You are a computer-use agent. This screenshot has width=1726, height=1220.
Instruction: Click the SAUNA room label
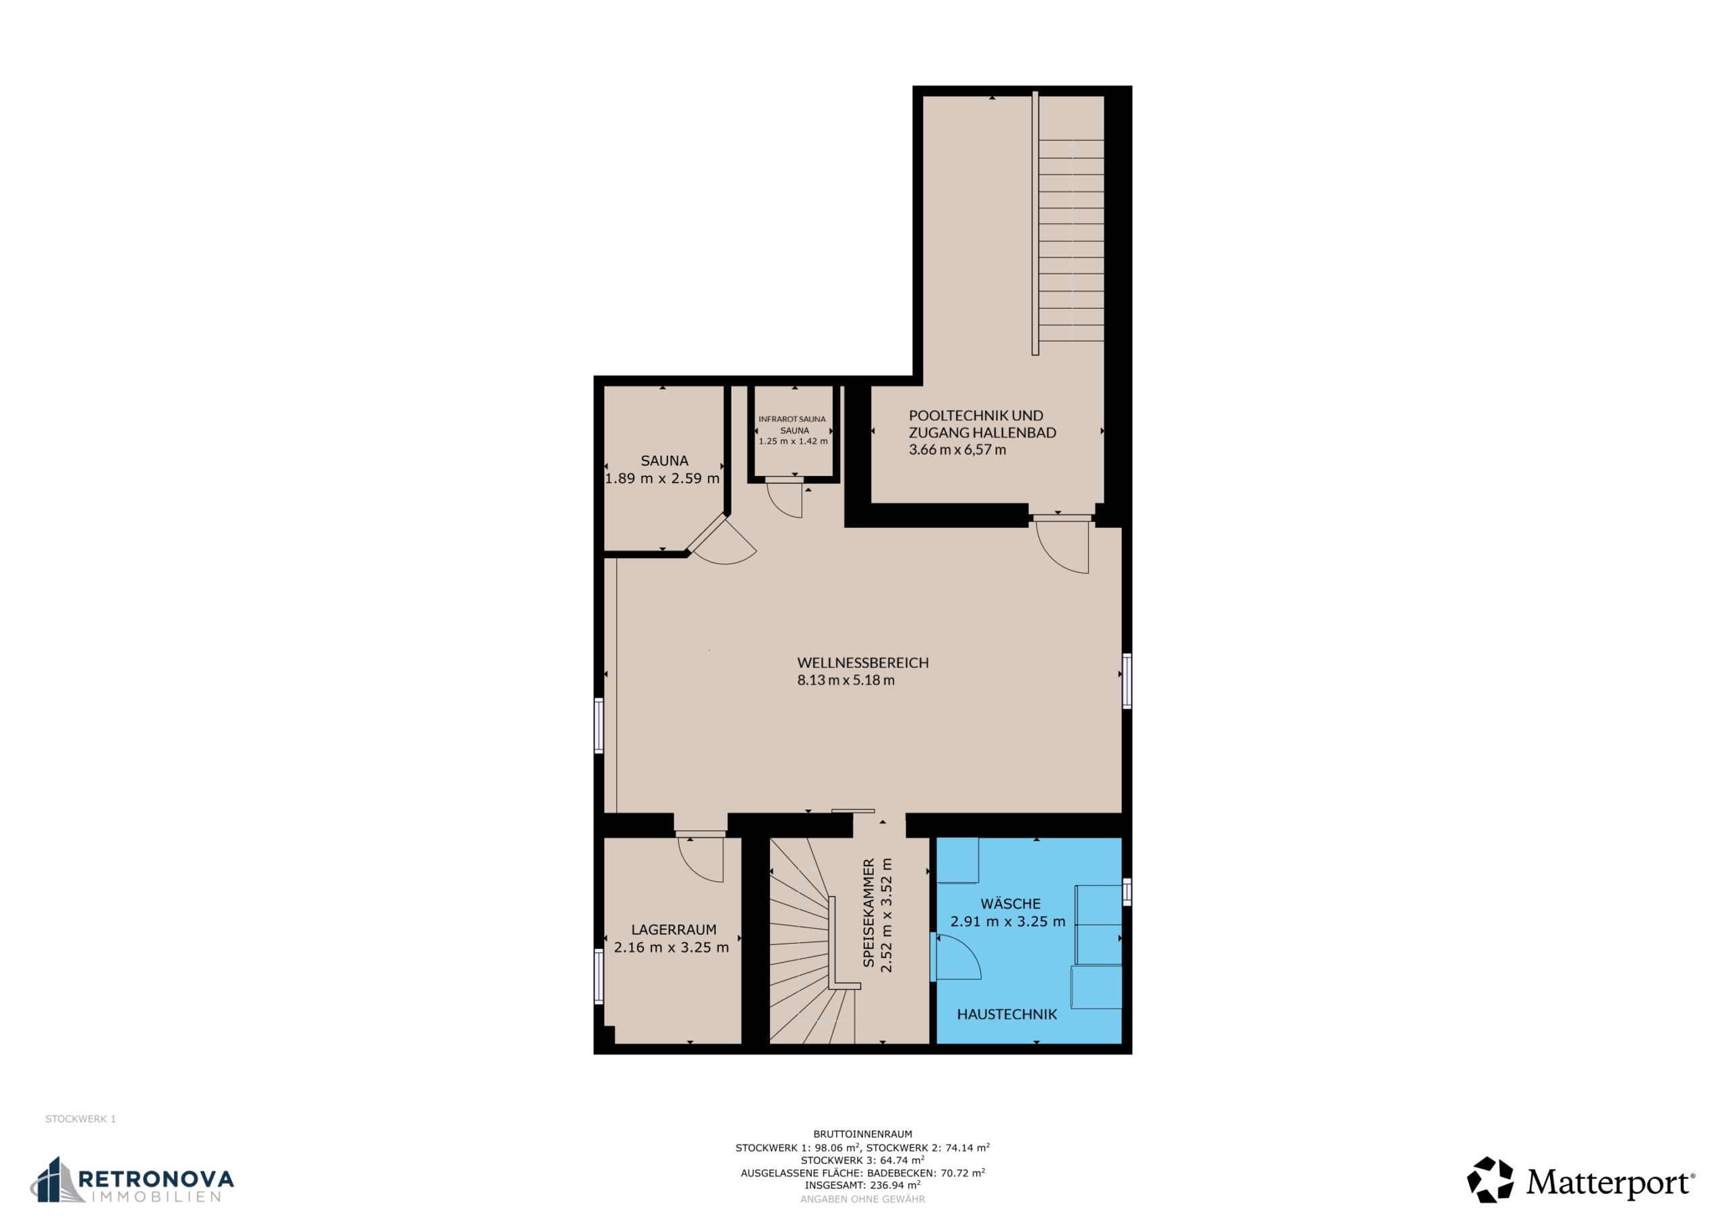664,461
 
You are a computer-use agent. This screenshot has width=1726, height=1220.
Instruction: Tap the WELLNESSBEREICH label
863,663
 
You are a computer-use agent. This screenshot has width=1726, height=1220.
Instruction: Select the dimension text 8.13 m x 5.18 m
845,680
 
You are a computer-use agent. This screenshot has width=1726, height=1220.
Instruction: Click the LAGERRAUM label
674,930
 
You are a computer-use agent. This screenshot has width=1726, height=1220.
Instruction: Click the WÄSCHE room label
1011,903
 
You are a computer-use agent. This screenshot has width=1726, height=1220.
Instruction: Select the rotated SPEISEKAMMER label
868,913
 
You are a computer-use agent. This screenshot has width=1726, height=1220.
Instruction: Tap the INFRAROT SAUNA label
792,419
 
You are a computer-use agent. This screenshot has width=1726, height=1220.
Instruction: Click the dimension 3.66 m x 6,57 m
957,450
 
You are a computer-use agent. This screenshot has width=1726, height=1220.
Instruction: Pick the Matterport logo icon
1490,1180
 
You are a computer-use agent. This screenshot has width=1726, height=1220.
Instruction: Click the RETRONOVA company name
156,1178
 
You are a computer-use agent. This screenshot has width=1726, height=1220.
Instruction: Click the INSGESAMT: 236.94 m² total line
862,1185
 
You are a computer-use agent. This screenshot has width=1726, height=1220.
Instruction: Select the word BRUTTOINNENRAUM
862,1134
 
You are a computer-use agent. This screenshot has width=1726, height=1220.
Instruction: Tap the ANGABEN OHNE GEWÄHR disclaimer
862,1199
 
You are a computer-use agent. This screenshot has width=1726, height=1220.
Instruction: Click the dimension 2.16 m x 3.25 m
672,948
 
